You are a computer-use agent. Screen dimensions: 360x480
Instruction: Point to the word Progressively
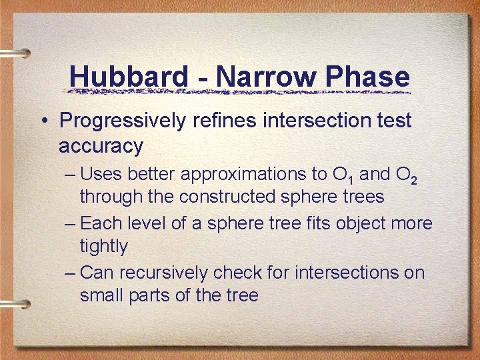click(124, 121)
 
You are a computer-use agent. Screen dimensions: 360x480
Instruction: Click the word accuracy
click(101, 145)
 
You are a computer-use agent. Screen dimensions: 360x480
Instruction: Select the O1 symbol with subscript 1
click(339, 175)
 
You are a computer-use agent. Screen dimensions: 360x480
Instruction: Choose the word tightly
click(103, 247)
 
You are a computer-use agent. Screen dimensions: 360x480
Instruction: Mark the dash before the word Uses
click(71, 175)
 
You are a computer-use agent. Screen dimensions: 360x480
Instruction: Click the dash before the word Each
click(71, 224)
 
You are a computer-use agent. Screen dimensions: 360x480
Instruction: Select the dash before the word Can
click(71, 273)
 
